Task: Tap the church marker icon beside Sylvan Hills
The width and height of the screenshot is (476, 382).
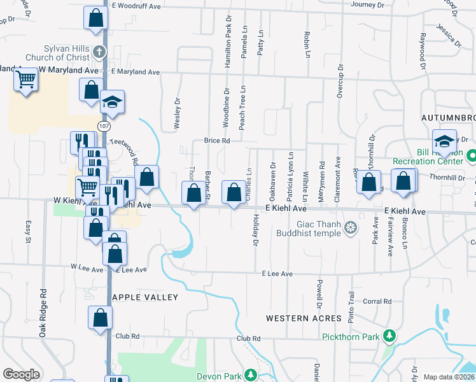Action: coord(99,52)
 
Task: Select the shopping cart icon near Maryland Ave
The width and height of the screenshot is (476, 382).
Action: coord(25,81)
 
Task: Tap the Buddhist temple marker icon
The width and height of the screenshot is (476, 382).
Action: coord(349,228)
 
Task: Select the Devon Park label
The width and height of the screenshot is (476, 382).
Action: coord(219,376)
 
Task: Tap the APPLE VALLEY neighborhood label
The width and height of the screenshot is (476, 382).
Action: coord(145,297)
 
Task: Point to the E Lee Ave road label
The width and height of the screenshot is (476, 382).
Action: coord(277,274)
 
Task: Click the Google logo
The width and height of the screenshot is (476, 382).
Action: coord(21,374)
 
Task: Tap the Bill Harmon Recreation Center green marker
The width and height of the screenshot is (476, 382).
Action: coord(471,155)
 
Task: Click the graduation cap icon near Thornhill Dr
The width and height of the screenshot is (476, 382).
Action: coord(444,141)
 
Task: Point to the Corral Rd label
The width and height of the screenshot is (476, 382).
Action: coord(377,302)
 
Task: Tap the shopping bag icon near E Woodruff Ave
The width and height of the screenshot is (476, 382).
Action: coord(95,18)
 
